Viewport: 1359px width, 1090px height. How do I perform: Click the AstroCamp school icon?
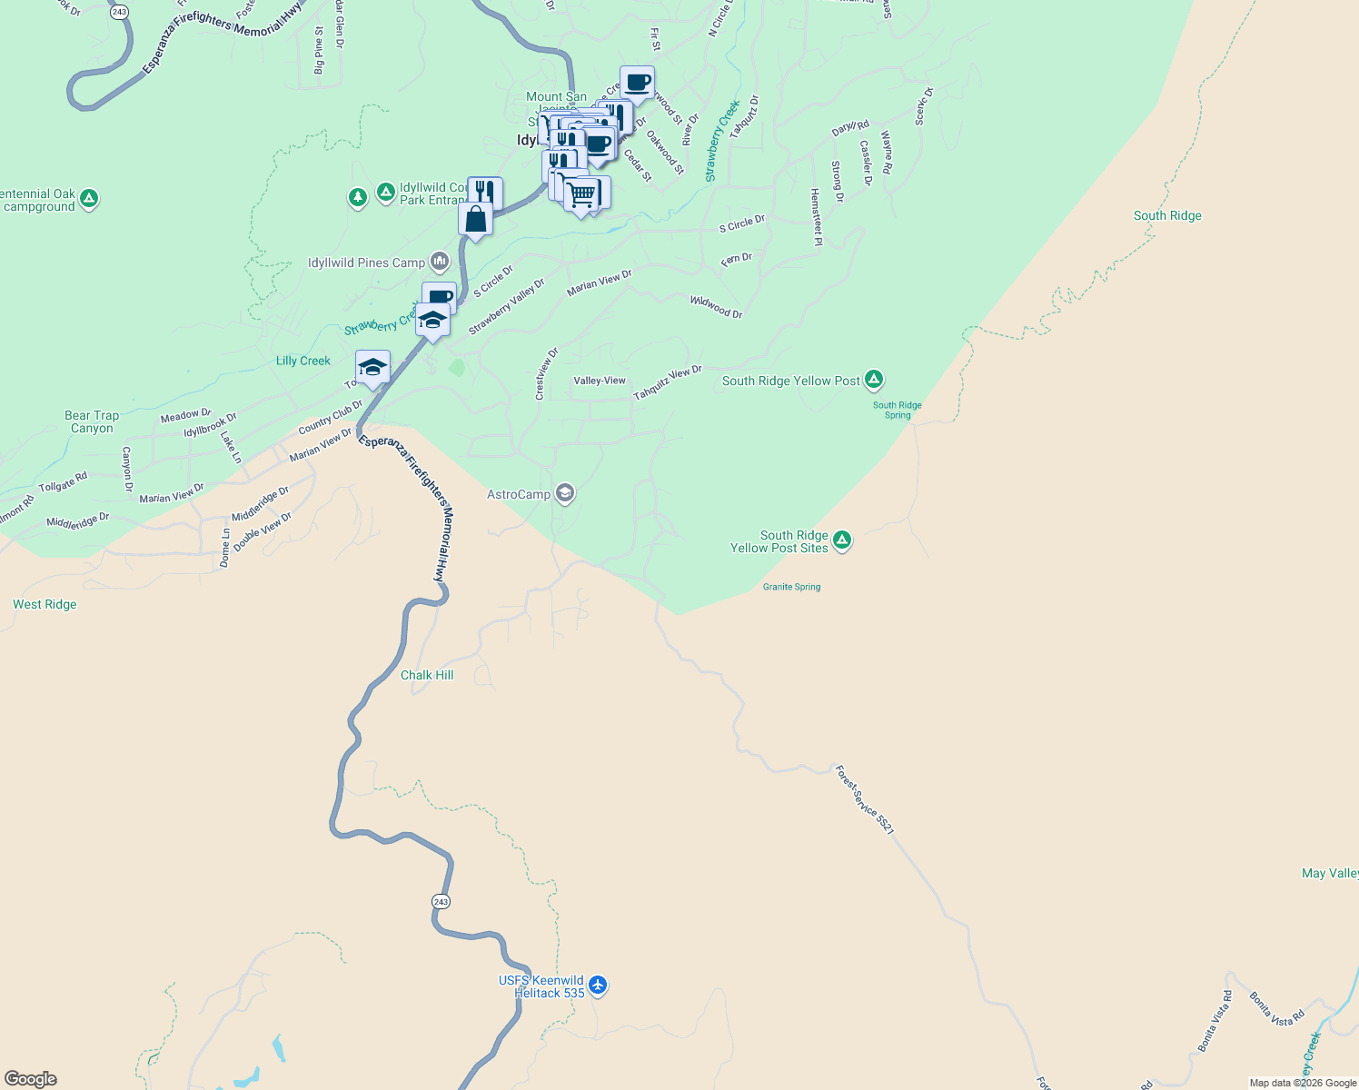pos(564,493)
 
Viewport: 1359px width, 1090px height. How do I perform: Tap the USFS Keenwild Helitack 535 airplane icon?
pos(597,985)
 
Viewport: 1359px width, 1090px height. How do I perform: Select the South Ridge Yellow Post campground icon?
pos(873,380)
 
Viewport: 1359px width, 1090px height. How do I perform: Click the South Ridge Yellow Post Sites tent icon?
pos(842,540)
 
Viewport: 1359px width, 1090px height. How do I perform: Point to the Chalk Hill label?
pos(427,675)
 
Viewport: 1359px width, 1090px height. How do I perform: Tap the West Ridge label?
pos(45,604)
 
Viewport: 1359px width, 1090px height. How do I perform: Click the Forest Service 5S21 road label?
pos(865,800)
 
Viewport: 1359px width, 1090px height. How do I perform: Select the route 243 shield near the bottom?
pos(441,901)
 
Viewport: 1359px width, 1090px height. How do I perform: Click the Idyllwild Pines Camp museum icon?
pos(440,263)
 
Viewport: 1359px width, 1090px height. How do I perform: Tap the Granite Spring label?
pos(791,587)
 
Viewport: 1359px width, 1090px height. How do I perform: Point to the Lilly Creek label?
pos(303,361)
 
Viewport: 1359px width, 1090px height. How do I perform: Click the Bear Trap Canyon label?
pos(92,421)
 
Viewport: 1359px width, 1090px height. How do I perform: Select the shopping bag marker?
pos(475,220)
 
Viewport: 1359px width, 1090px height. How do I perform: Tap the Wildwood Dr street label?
pos(716,307)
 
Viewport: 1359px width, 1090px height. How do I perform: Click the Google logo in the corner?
pos(31,1079)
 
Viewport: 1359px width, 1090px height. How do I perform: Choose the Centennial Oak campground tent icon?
pos(89,198)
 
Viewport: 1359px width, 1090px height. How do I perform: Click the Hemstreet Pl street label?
pos(816,217)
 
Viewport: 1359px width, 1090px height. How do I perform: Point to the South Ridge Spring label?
pos(897,410)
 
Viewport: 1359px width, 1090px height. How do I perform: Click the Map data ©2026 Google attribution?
pos(1303,1083)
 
